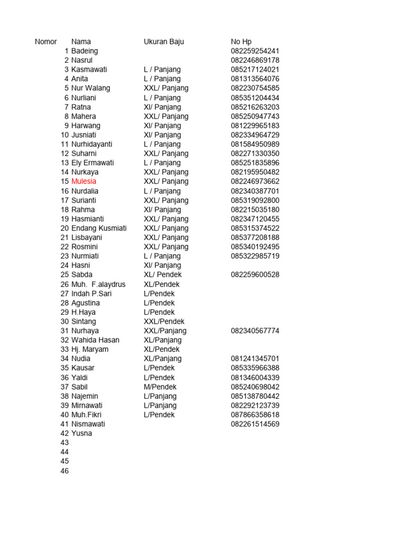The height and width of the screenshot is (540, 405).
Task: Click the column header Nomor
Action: [46, 42]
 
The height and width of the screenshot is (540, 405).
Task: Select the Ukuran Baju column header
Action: [164, 42]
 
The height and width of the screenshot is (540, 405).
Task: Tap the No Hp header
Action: [242, 42]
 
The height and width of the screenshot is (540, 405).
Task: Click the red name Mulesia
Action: [84, 181]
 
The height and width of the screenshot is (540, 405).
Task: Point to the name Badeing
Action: [84, 51]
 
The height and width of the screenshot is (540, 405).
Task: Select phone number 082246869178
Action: [255, 60]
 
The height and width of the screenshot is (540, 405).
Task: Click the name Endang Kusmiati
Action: [99, 228]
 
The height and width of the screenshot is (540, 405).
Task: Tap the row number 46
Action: [65, 471]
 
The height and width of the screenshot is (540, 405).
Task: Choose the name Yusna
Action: [82, 433]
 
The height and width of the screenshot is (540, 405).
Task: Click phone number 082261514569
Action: [255, 424]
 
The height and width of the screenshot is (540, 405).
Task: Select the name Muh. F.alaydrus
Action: [99, 284]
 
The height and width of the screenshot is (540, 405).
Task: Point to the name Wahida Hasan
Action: [95, 340]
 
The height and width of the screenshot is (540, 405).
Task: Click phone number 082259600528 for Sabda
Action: [255, 275]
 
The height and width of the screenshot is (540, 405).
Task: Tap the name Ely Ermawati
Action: [93, 163]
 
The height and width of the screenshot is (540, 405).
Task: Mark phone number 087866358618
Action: [255, 414]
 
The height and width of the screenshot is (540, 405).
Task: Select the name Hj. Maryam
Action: [90, 349]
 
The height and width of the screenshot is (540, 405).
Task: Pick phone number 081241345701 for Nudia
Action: [255, 359]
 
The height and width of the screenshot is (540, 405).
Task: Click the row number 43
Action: [65, 443]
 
